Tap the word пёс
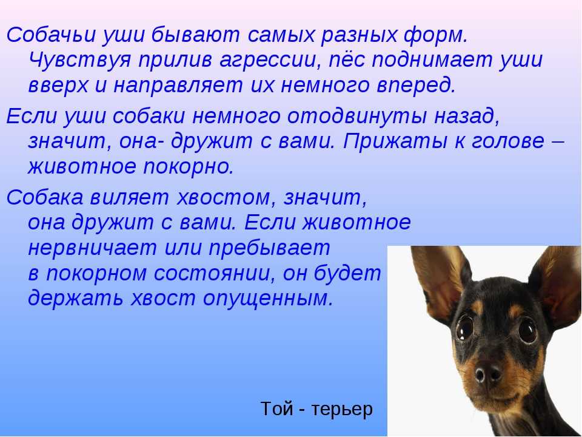[x=347, y=59]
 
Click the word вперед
[x=416, y=85]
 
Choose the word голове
[x=507, y=141]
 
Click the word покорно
[x=188, y=167]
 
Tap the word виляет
[x=130, y=197]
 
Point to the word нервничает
[x=92, y=248]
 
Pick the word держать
[x=75, y=298]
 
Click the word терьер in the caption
[x=342, y=409]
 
